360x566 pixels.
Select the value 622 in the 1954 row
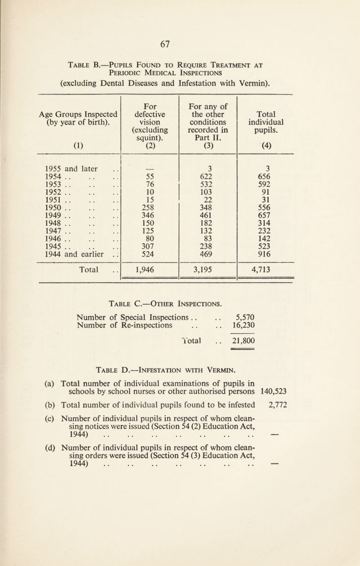coord(208,177)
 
